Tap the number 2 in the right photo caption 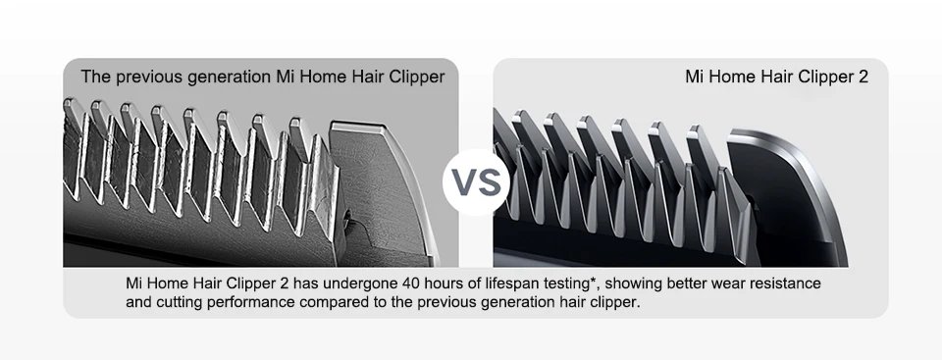(863, 76)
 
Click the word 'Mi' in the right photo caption (695, 76)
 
